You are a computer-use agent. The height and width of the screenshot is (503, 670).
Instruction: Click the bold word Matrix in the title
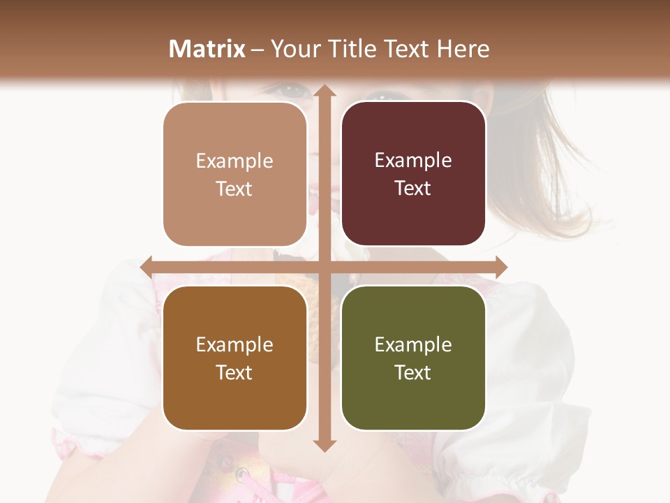pos(207,49)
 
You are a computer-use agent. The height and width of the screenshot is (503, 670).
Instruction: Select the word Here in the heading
pos(463,49)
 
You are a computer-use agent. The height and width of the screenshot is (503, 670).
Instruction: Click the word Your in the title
pos(293,49)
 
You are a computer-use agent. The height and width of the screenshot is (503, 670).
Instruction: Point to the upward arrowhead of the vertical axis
pos(324,92)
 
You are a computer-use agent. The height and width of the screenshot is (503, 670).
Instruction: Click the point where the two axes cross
pos(324,267)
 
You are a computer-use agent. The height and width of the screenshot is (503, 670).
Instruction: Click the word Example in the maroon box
pos(413,161)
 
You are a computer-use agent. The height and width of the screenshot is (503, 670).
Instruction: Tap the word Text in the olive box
pos(413,373)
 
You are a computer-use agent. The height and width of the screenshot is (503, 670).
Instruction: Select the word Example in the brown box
pos(234,345)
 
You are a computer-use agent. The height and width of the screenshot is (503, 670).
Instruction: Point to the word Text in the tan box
pos(234,189)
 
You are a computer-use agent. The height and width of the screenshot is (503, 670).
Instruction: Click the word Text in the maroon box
pos(413,189)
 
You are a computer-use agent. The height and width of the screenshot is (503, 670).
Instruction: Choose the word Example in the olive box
pos(413,345)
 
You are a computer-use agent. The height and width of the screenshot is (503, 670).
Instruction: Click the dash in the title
pos(258,50)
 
